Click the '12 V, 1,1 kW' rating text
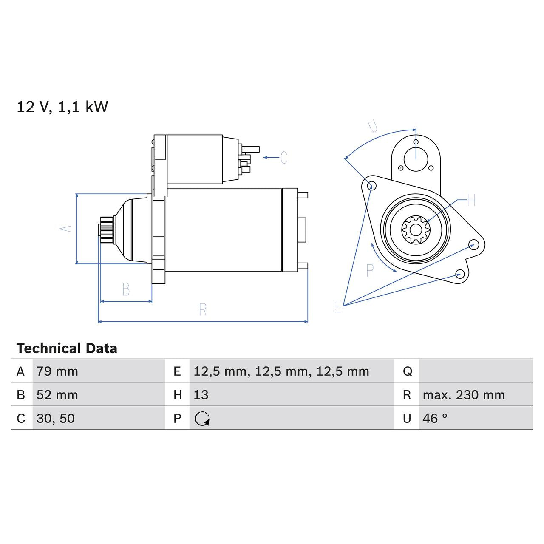tap(62, 107)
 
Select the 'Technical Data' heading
tap(67, 348)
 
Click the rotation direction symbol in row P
tap(202, 419)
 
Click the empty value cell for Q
tap(475, 371)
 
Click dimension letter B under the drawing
tap(126, 289)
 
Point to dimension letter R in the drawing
tap(203, 310)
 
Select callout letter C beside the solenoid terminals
tap(283, 158)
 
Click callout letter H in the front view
tap(471, 200)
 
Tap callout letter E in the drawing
tap(337, 306)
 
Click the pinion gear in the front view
tap(416, 230)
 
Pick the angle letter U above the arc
tap(373, 125)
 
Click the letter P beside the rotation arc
tap(370, 270)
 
